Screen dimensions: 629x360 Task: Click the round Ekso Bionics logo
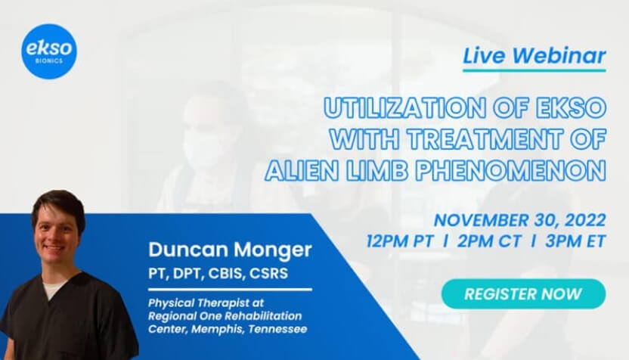pyautogui.click(x=49, y=51)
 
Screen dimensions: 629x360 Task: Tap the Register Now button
pyautogui.click(x=523, y=293)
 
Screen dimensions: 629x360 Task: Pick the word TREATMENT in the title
pyautogui.click(x=485, y=139)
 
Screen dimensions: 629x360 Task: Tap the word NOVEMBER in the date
pyautogui.click(x=482, y=220)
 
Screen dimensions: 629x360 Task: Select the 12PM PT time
pyautogui.click(x=400, y=241)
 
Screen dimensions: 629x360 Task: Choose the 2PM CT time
pyautogui.click(x=489, y=241)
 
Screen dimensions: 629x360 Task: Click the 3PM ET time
pyautogui.click(x=575, y=241)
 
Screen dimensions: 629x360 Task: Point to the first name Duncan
pyautogui.click(x=194, y=250)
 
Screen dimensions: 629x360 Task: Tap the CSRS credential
pyautogui.click(x=269, y=274)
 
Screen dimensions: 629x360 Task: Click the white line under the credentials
pyautogui.click(x=230, y=290)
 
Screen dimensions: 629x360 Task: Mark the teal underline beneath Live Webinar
pyautogui.click(x=534, y=70)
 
